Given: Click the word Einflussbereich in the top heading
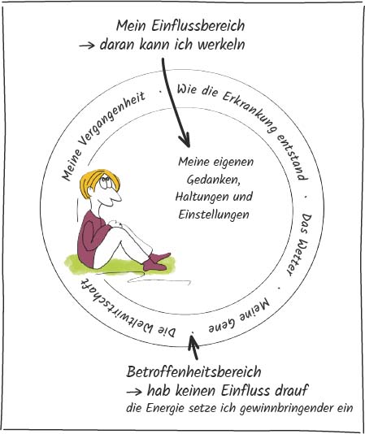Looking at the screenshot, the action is coord(198,26).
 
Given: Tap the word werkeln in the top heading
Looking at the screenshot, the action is coord(222,45).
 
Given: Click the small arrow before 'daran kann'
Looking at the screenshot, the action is coord(87,46).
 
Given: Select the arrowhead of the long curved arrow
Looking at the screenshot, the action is coord(185,140).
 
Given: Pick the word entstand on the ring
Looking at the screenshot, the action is coord(293,157).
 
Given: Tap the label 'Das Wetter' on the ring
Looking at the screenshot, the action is coord(300,245).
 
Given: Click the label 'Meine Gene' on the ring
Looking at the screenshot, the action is coord(239,315).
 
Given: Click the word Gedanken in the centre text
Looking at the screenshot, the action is coord(213,180).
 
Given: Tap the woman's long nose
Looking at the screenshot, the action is coord(115,196).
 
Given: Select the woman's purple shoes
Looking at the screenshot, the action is coord(155,262).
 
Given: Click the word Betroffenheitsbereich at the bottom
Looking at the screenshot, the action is coord(193,371).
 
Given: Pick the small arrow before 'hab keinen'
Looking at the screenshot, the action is coord(134,392).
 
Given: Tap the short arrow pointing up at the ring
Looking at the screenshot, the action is coord(193,346).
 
